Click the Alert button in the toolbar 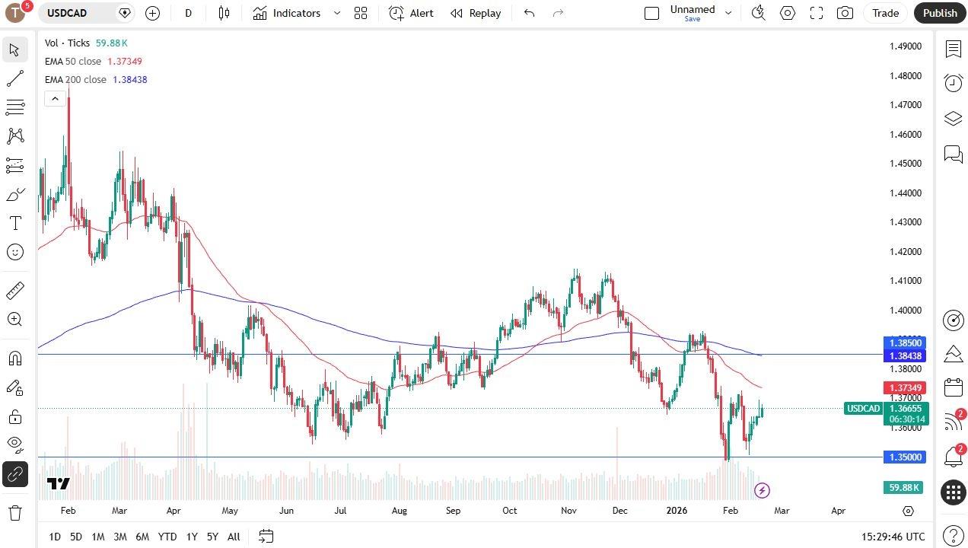pos(412,13)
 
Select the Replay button pos(476,13)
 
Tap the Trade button pos(885,13)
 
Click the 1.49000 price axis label pos(905,46)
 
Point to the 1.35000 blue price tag pos(903,457)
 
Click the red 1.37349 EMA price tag pos(903,388)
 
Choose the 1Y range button pos(191,537)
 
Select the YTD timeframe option pos(167,537)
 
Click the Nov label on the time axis pos(568,511)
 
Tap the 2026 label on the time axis pos(676,511)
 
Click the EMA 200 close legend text pos(76,80)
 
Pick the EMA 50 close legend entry pos(73,62)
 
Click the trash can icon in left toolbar pos(15,512)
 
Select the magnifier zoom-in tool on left pos(15,320)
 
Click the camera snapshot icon pos(845,13)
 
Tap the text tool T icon pos(15,223)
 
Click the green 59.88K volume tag pos(903,487)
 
